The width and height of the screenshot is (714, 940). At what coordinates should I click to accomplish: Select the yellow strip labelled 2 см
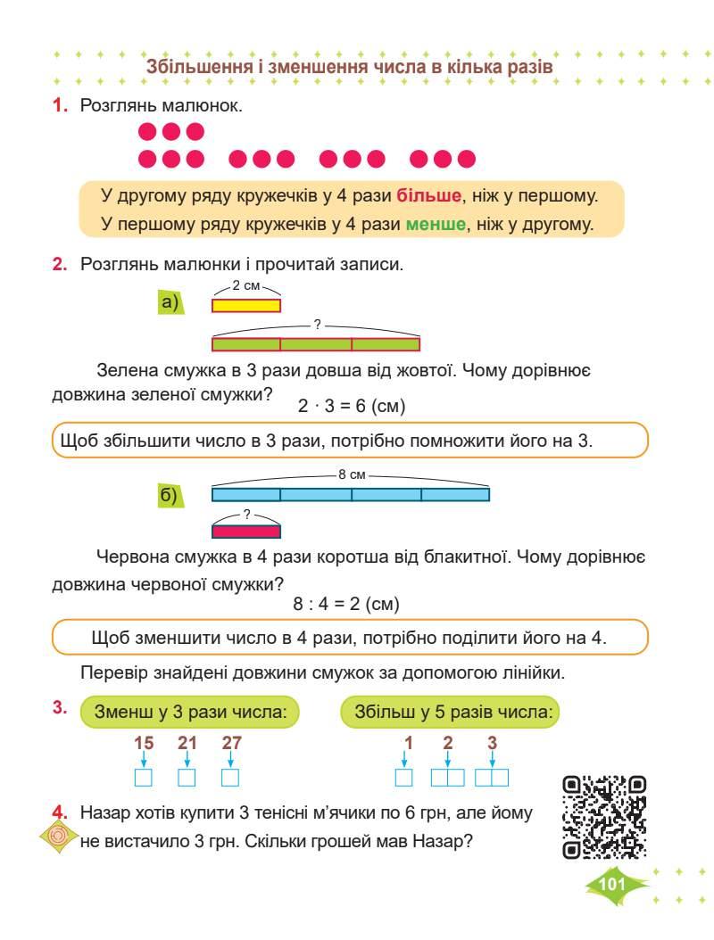coord(245,305)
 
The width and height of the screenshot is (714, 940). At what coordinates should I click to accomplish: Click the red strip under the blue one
coord(245,532)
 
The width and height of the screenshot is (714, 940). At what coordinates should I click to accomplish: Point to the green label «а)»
coord(170,303)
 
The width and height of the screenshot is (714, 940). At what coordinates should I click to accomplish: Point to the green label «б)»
coord(170,495)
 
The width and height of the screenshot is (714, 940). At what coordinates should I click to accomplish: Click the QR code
coord(605,817)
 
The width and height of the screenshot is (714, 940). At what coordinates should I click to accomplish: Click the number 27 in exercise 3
coord(231,742)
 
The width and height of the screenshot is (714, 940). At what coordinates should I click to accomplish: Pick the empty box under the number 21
coord(187,778)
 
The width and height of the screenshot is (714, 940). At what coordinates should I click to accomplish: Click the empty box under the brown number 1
coord(404,778)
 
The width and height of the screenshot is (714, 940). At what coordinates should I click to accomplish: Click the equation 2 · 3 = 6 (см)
coord(352,407)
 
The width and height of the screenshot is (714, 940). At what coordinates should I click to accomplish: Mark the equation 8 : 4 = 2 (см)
coord(346,604)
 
